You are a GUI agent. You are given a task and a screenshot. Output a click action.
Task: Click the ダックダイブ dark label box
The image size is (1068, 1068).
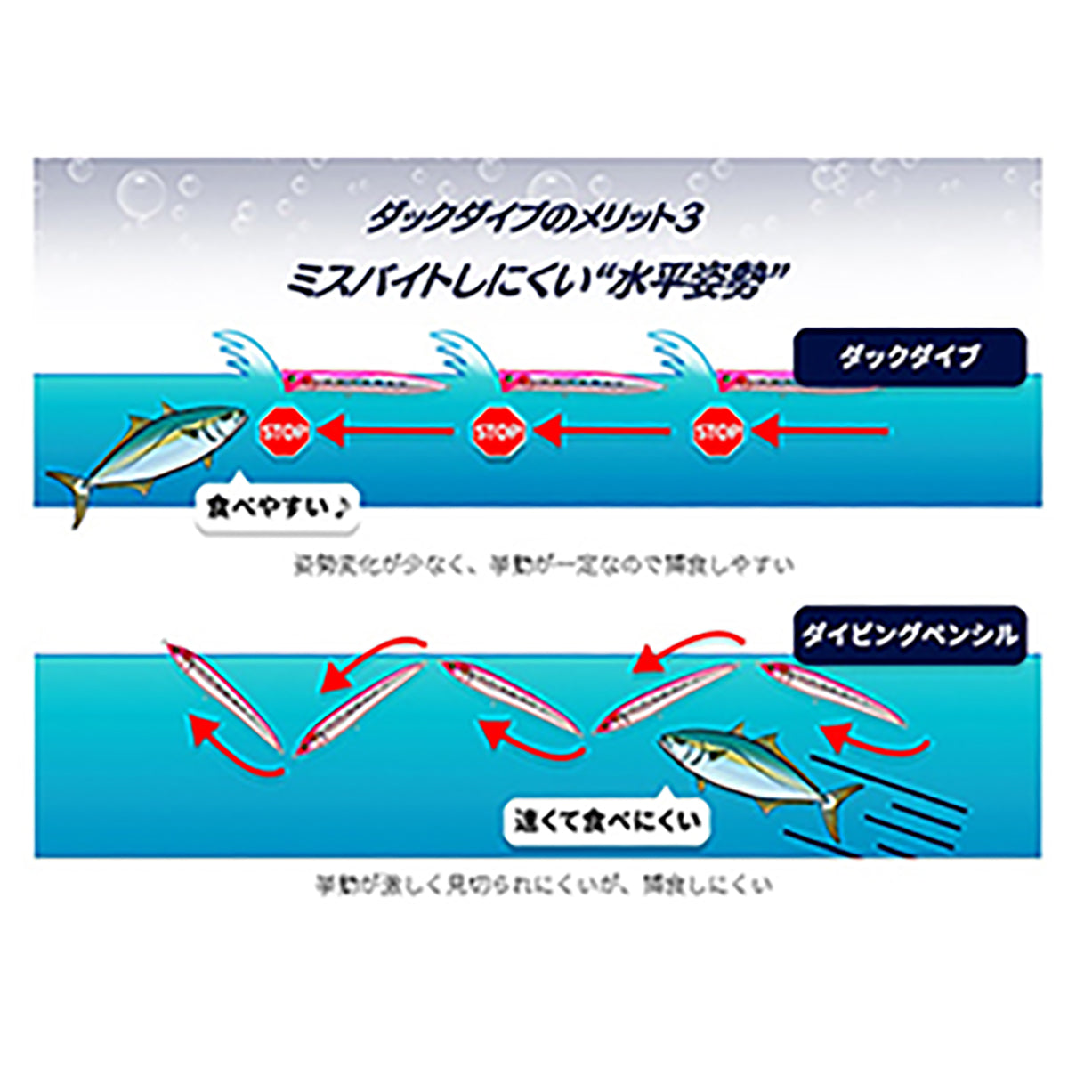909,358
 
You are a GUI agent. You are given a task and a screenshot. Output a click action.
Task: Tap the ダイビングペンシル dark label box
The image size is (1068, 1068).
909,635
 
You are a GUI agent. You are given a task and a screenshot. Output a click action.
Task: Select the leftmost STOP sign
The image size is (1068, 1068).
284,433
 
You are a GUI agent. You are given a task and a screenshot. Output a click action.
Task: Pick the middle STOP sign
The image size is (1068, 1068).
499,433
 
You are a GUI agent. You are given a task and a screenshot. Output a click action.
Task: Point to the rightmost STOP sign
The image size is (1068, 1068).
718,433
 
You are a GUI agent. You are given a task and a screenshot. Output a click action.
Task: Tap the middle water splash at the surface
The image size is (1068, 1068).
465,356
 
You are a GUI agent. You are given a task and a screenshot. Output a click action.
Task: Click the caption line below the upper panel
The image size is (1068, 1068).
543,564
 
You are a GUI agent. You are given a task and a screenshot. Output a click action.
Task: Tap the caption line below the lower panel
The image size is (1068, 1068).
543,886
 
